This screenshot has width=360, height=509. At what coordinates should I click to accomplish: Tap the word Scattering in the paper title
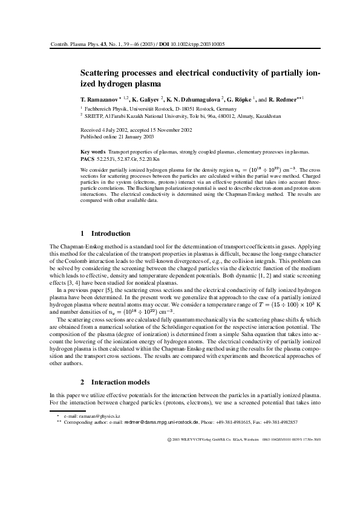pyautogui.click(x=103, y=72)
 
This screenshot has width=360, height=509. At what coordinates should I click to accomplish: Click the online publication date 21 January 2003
pyautogui.click(x=122, y=136)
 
